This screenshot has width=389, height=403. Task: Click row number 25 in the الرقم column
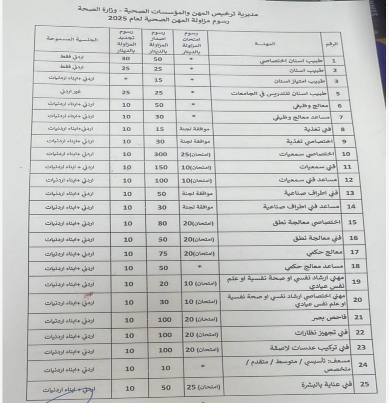[365, 384]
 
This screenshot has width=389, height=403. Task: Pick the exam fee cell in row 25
[196, 388]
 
